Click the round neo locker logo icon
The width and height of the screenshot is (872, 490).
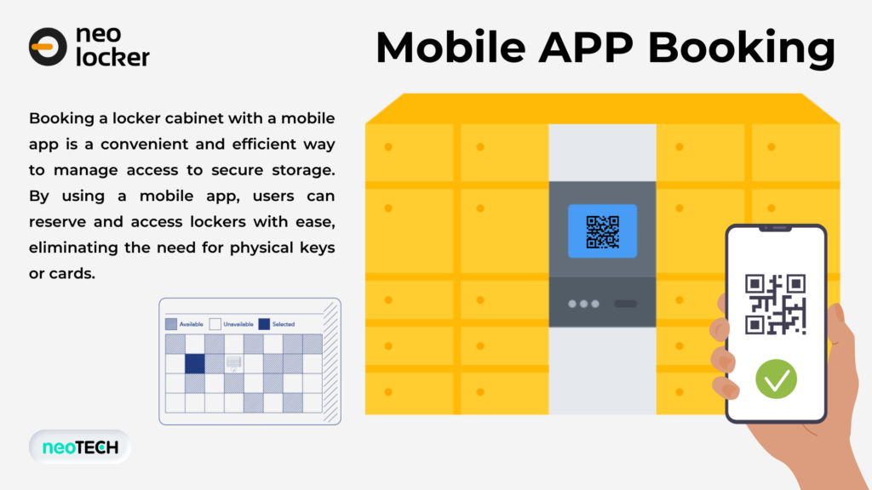48,47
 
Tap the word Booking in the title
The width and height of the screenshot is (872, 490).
742,48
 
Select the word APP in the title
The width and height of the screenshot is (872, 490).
586,48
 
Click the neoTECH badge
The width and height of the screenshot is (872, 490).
80,447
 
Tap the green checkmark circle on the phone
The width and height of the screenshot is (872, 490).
777,379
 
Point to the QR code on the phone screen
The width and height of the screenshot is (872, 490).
775,305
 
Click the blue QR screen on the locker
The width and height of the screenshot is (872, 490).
602,231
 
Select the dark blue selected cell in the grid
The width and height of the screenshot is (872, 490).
195,364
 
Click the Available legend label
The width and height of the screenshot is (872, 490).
191,324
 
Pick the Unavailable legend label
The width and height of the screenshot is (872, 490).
238,324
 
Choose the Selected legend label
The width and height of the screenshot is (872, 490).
283,324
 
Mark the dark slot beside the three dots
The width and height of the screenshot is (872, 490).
625,304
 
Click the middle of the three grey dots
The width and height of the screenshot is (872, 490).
583,304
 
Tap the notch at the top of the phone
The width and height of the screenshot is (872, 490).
775,228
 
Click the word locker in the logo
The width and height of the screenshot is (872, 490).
113,57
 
